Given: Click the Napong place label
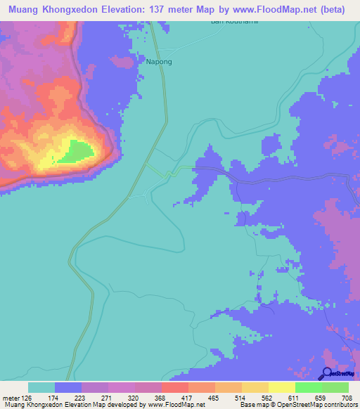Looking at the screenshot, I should [158, 62].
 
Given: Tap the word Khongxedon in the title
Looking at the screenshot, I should [78, 10].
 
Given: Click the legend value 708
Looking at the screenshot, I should [345, 398].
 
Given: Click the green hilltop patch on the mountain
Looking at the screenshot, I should [75, 151].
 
